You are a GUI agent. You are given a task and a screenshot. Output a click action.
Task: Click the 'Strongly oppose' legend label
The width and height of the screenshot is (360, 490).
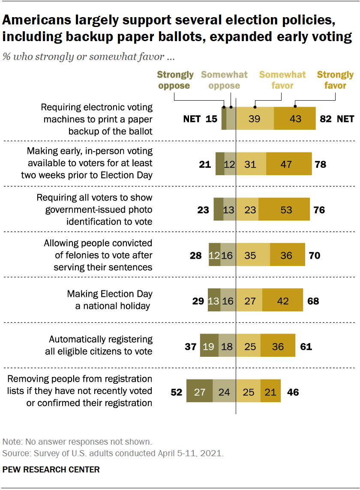coord(175,80)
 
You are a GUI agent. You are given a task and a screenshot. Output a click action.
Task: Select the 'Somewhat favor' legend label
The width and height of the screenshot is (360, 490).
coord(282,80)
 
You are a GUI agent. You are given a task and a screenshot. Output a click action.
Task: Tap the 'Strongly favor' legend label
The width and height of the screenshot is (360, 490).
coord(335,80)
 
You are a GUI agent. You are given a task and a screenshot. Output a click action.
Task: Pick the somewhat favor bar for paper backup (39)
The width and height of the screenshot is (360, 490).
coord(255,119)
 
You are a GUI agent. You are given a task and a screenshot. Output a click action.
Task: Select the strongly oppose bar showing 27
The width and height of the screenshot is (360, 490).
coord(200,391)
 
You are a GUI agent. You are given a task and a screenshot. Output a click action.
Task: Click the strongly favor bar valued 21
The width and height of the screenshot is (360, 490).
coord(270,391)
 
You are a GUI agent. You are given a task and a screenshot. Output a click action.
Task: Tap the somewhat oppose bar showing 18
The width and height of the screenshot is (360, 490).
coord(227,346)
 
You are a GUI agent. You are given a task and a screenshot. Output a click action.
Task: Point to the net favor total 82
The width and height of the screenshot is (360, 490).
coord(326,119)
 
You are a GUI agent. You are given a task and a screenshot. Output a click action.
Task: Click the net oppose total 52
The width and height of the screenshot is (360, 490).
coord(176,391)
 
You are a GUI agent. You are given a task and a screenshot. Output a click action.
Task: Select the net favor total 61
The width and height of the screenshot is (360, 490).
coord(306,346)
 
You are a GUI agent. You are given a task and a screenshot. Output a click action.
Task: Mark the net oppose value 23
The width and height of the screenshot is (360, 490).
coord(204,210)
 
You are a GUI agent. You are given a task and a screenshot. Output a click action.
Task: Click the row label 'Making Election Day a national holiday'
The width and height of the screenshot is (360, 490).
coord(110,300)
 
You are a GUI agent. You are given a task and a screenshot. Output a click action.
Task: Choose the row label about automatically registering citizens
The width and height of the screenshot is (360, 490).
coord(101,345)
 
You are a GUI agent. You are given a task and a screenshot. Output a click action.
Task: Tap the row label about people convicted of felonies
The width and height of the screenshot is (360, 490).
coord(98,255)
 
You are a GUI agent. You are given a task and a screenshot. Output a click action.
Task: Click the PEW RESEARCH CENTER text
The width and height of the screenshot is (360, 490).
coord(51,469)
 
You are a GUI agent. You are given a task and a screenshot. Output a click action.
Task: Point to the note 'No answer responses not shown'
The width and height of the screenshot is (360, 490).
coord(77,442)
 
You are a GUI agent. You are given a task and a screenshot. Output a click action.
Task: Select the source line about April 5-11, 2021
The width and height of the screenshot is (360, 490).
coord(113,453)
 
